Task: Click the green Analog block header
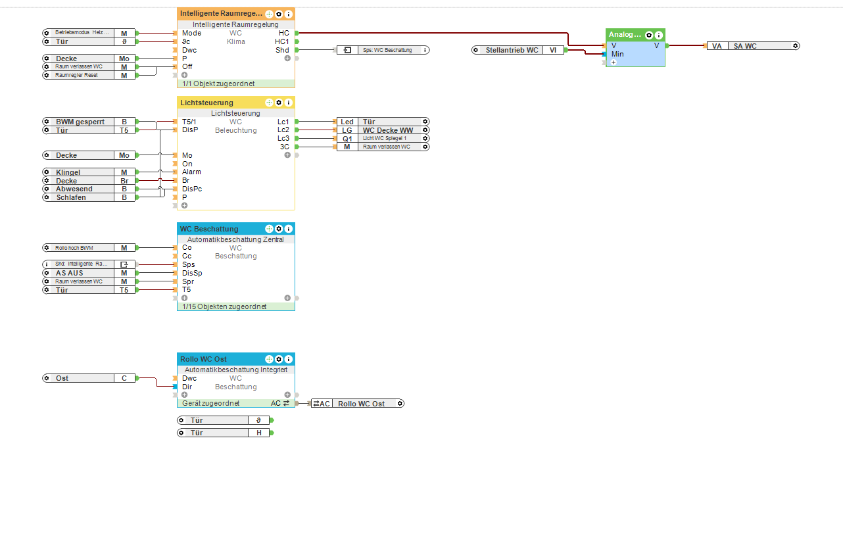(x=625, y=35)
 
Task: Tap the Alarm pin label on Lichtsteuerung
(x=191, y=172)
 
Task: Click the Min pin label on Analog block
(x=617, y=54)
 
